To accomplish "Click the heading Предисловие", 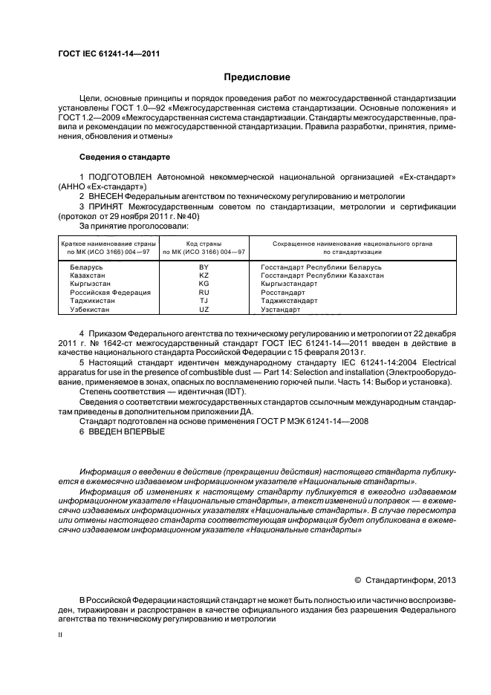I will (257, 77).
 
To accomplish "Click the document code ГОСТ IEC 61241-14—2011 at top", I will (108, 53).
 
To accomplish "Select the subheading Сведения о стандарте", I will (125, 157).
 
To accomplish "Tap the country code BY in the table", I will (204, 266).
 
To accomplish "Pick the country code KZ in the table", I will (204, 275).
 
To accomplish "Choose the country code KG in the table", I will (204, 284).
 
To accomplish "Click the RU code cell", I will (204, 293).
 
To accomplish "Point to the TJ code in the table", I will (204, 301).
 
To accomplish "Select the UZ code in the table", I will (204, 310).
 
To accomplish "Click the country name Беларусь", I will (86, 266).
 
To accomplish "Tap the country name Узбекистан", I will (90, 310).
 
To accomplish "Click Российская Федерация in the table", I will (110, 293).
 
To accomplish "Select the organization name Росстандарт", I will (283, 293).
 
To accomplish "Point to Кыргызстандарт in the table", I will (289, 284).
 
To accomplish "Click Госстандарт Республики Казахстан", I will (322, 275).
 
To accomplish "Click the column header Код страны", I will (204, 244).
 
